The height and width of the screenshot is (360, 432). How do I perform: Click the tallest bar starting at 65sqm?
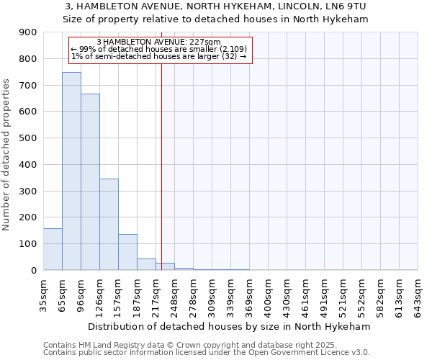[71, 171]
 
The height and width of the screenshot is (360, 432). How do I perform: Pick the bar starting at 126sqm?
[109, 225]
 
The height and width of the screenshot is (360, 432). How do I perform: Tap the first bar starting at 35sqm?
[53, 249]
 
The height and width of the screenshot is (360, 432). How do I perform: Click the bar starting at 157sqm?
[127, 252]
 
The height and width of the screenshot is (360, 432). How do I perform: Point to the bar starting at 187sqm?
[146, 264]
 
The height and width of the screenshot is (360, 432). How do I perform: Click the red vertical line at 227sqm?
[162, 166]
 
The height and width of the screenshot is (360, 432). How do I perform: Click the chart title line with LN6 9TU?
[216, 6]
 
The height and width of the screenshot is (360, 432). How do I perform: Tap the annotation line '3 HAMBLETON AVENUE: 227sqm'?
[158, 42]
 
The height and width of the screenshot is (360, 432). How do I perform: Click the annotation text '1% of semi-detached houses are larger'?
[159, 56]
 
